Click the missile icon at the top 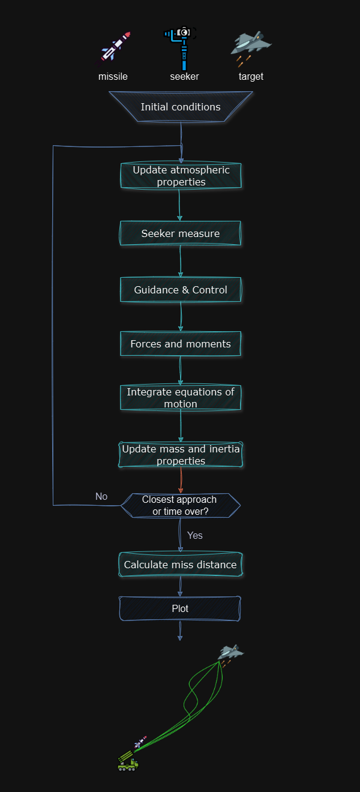116,47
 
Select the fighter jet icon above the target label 251,46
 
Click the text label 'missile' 113,77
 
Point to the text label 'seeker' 184,77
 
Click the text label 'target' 251,77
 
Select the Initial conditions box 181,107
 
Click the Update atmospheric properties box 181,176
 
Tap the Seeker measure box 181,233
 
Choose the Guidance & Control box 181,290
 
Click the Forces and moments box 181,344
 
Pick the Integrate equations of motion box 181,398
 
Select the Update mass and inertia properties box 181,455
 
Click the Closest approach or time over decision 181,505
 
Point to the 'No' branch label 101,496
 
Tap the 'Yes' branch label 195,535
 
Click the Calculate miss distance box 181,565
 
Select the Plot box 181,608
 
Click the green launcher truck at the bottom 128,762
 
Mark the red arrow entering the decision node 181,481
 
